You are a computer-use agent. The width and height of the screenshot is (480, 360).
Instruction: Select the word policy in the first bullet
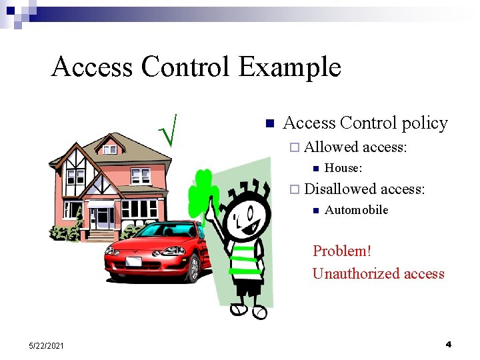coord(425,123)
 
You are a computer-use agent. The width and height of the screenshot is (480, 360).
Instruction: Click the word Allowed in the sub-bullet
coord(331,147)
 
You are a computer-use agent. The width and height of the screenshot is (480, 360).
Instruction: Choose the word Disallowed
coord(339,189)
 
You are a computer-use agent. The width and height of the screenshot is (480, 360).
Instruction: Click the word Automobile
coord(356,210)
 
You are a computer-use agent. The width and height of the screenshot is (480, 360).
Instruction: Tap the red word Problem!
coord(342,251)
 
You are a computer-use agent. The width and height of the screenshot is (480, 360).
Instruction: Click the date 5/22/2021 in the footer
coord(47,345)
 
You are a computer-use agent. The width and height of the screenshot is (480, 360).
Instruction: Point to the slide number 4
coord(448,344)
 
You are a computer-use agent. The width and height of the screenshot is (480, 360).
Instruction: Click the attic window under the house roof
coord(109,150)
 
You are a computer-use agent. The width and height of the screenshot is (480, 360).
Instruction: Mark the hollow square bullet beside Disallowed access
coord(295,190)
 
